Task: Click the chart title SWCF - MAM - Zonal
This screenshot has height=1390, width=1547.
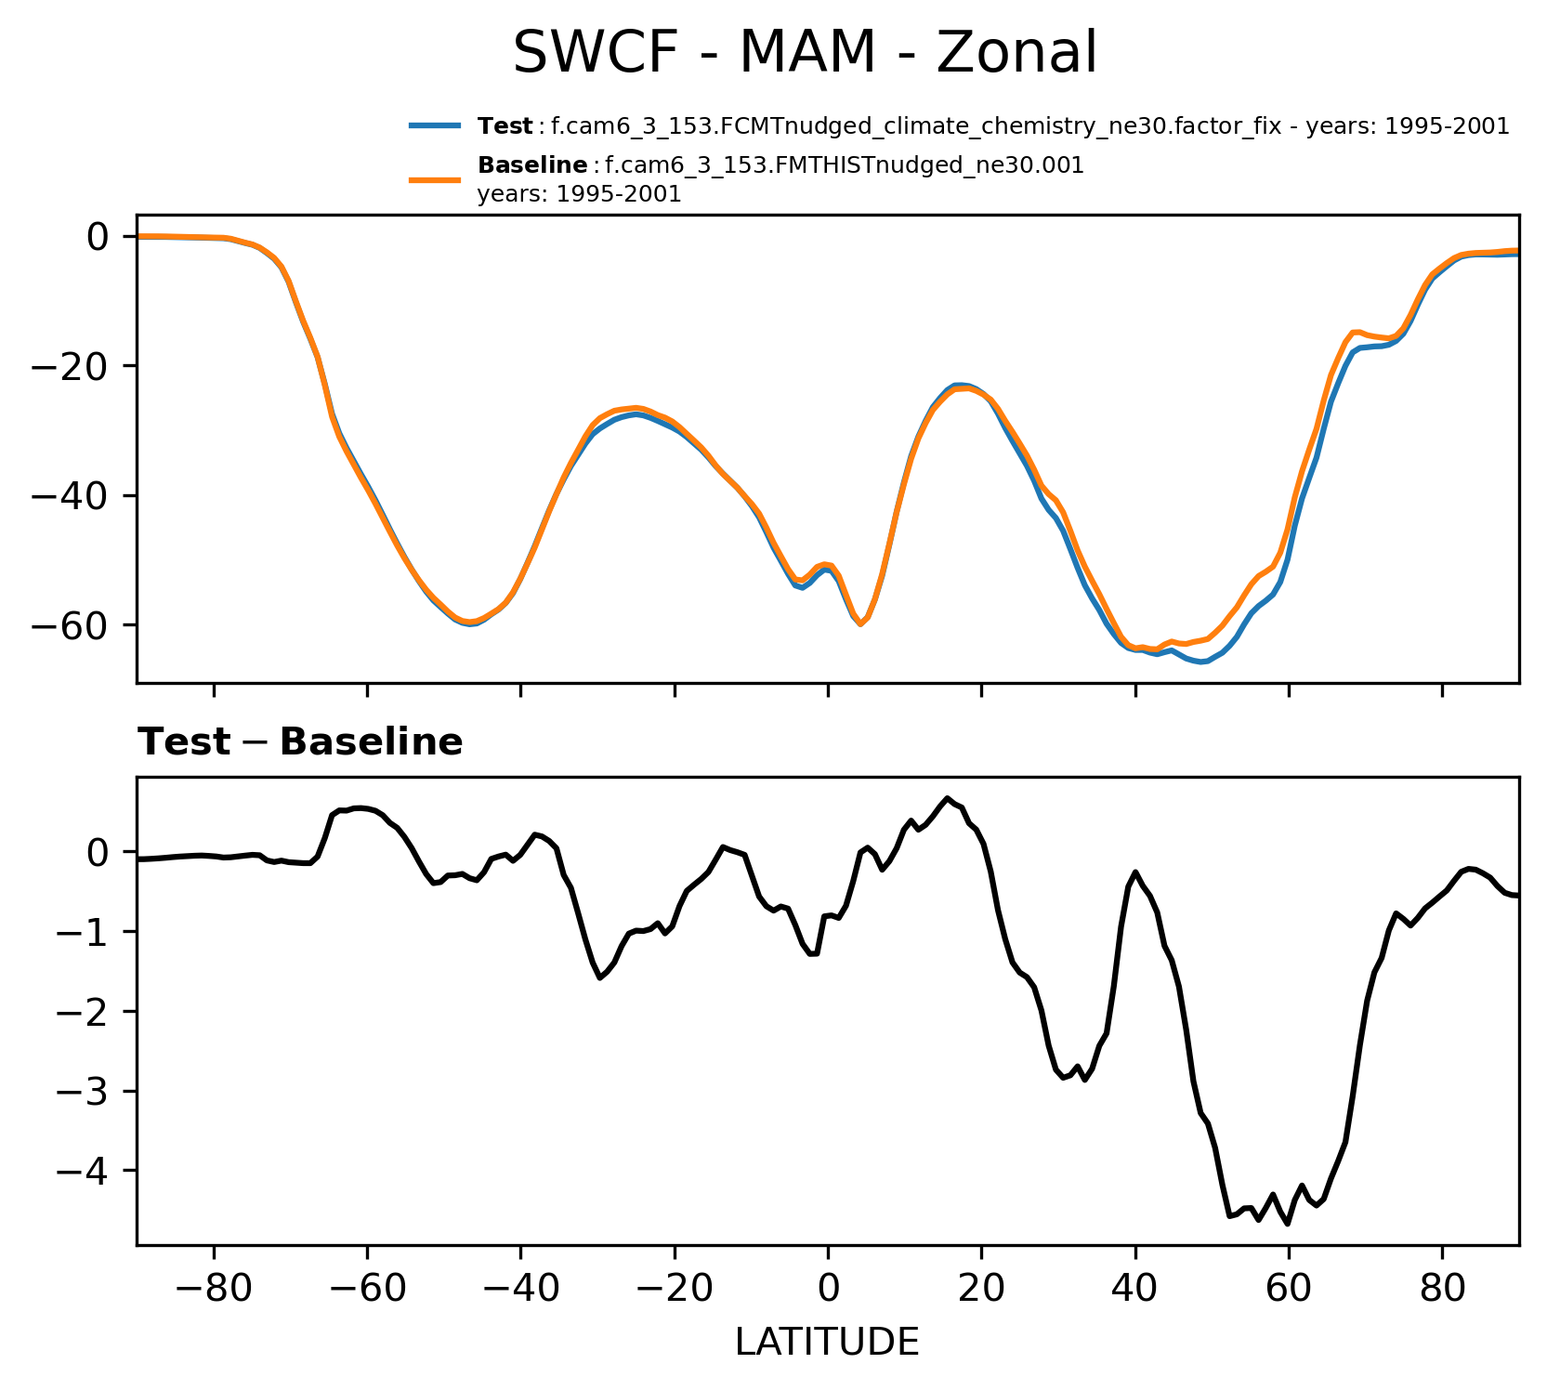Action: (x=805, y=53)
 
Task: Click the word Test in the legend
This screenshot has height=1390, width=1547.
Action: (x=505, y=126)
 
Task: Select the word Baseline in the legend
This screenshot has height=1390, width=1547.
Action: (x=531, y=166)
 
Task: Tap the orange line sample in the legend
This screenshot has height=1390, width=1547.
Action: (x=435, y=179)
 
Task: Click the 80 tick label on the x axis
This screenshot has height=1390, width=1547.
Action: (x=1442, y=1290)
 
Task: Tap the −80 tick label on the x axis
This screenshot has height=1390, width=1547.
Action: (x=214, y=1290)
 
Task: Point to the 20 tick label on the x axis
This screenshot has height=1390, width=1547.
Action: (x=981, y=1290)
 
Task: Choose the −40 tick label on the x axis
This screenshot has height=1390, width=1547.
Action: (x=520, y=1290)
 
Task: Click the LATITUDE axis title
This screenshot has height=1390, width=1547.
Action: (x=827, y=1342)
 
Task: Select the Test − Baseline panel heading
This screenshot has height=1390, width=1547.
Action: (x=300, y=742)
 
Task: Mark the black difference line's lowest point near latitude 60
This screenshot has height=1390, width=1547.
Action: (x=1288, y=1224)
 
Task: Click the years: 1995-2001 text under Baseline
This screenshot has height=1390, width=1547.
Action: (x=579, y=194)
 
